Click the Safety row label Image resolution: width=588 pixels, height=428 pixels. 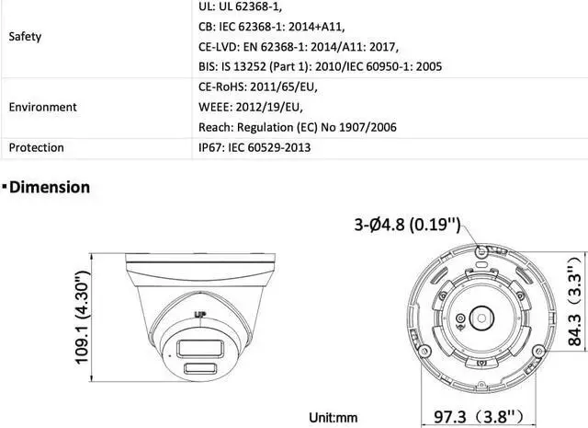tap(25, 37)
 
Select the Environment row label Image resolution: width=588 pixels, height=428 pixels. tap(43, 107)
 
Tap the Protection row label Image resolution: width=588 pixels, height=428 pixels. tap(37, 147)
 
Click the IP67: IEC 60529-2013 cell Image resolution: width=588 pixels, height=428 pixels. tap(254, 147)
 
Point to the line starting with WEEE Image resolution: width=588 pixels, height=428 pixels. tap(251, 107)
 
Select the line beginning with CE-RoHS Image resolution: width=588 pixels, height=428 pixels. tap(258, 87)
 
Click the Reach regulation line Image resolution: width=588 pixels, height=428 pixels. tap(298, 127)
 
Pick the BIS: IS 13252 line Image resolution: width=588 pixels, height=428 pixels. tap(321, 66)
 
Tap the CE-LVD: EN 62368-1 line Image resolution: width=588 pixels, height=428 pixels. tap(299, 47)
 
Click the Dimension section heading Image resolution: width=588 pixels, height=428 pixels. tap(49, 187)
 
